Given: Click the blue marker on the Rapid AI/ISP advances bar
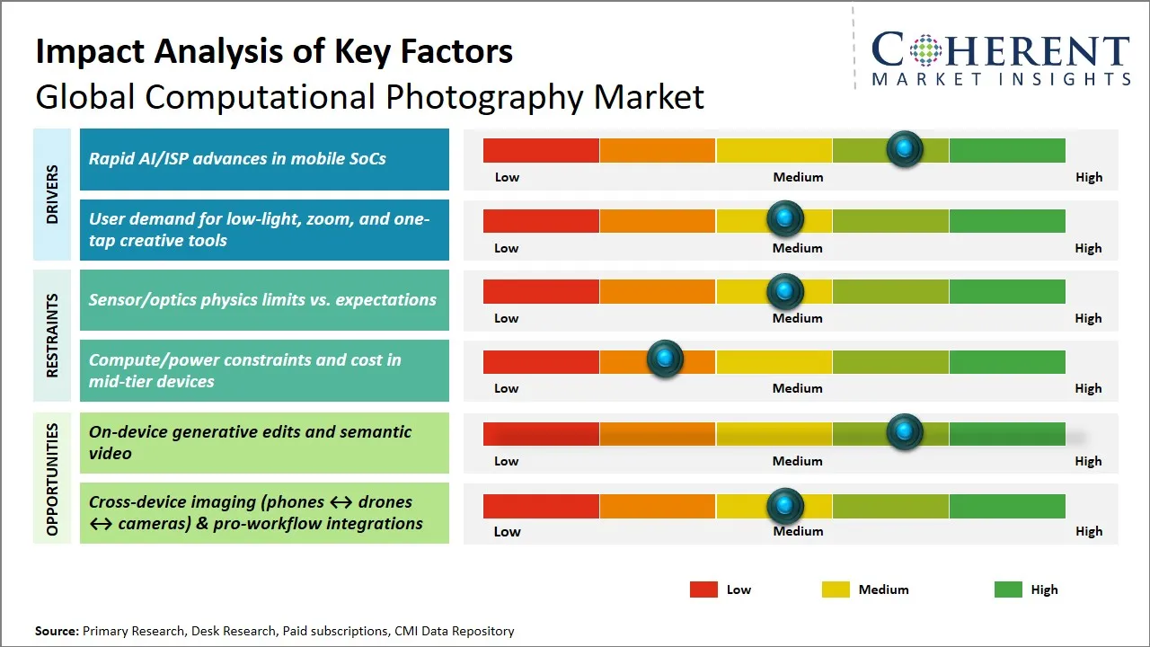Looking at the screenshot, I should click(904, 148).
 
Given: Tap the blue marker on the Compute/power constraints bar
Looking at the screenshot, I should click(665, 359).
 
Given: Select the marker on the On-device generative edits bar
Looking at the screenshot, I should click(904, 432).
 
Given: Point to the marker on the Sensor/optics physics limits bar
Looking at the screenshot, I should click(784, 291).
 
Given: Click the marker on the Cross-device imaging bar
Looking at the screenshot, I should click(784, 506).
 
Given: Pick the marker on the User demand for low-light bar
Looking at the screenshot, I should click(784, 218).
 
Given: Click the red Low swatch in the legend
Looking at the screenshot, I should click(703, 589).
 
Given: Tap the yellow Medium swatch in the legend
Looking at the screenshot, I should click(836, 589).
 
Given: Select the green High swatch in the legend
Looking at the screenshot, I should click(1008, 589).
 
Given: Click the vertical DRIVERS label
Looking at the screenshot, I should click(51, 194).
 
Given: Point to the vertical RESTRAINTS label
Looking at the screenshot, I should click(51, 335).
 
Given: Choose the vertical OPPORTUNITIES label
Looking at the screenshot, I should click(51, 478).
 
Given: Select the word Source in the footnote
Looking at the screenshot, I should click(56, 631).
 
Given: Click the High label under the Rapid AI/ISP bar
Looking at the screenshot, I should click(1088, 177).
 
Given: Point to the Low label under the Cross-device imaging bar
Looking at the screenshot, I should click(507, 531).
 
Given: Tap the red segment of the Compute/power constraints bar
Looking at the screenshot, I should click(541, 362).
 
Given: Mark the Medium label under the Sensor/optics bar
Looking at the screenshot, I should click(798, 318).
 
